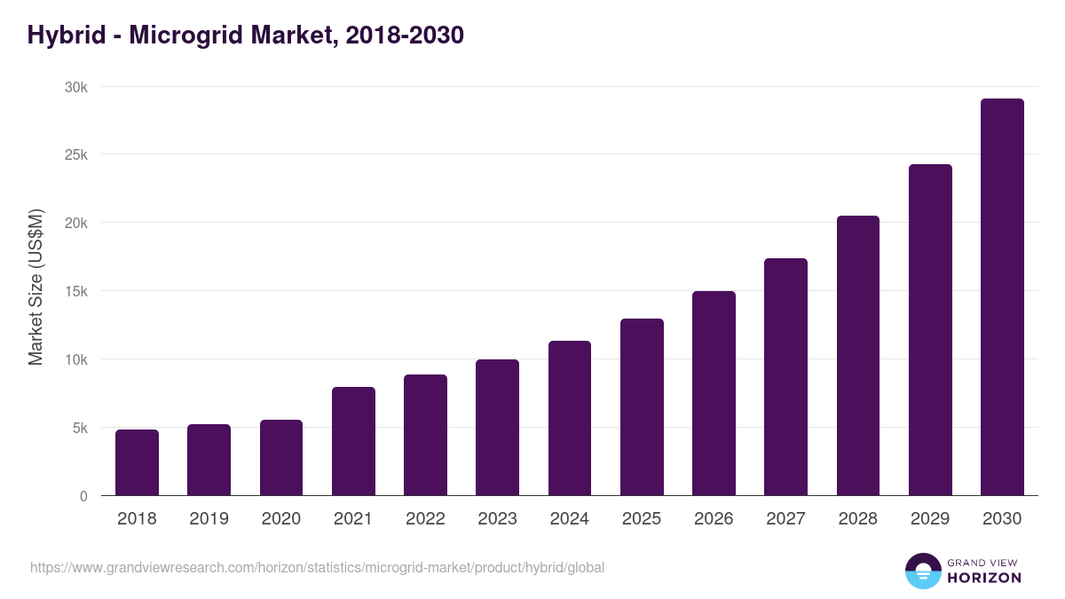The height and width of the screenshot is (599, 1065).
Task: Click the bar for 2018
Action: (x=137, y=462)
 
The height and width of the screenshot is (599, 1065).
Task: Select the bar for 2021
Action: (x=353, y=441)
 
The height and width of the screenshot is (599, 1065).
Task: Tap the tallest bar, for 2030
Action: (x=1002, y=297)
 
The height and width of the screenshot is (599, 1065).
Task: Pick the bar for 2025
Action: (x=642, y=407)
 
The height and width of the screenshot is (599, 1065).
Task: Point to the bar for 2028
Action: (x=858, y=356)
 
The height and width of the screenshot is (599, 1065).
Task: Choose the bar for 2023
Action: (x=497, y=428)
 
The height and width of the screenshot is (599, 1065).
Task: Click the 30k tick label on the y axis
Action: (x=75, y=87)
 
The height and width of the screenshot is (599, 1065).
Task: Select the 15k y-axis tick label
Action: (x=75, y=291)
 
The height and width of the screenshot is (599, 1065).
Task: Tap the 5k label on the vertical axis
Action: (x=79, y=428)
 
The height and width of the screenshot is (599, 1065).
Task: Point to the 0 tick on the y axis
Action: (x=83, y=496)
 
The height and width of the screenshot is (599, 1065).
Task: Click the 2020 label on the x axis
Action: (x=280, y=519)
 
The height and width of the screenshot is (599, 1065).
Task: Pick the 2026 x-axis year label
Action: (x=714, y=519)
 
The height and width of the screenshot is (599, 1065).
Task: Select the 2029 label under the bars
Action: (x=930, y=519)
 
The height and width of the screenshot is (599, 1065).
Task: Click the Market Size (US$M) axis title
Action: (x=35, y=287)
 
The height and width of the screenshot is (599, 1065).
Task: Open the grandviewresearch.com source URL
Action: (x=317, y=567)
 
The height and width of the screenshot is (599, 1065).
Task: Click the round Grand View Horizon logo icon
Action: (x=922, y=571)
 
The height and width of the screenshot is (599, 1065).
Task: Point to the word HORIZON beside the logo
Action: (x=984, y=578)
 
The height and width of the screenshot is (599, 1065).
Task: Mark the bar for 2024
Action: (x=570, y=418)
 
